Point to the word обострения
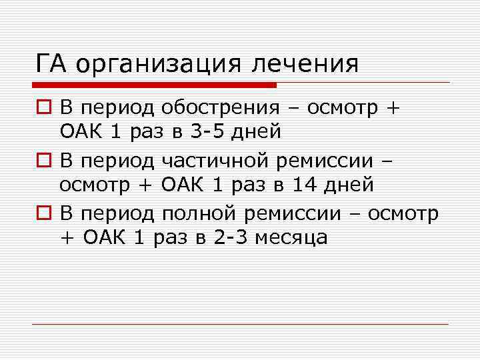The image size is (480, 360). (x=217, y=107)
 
